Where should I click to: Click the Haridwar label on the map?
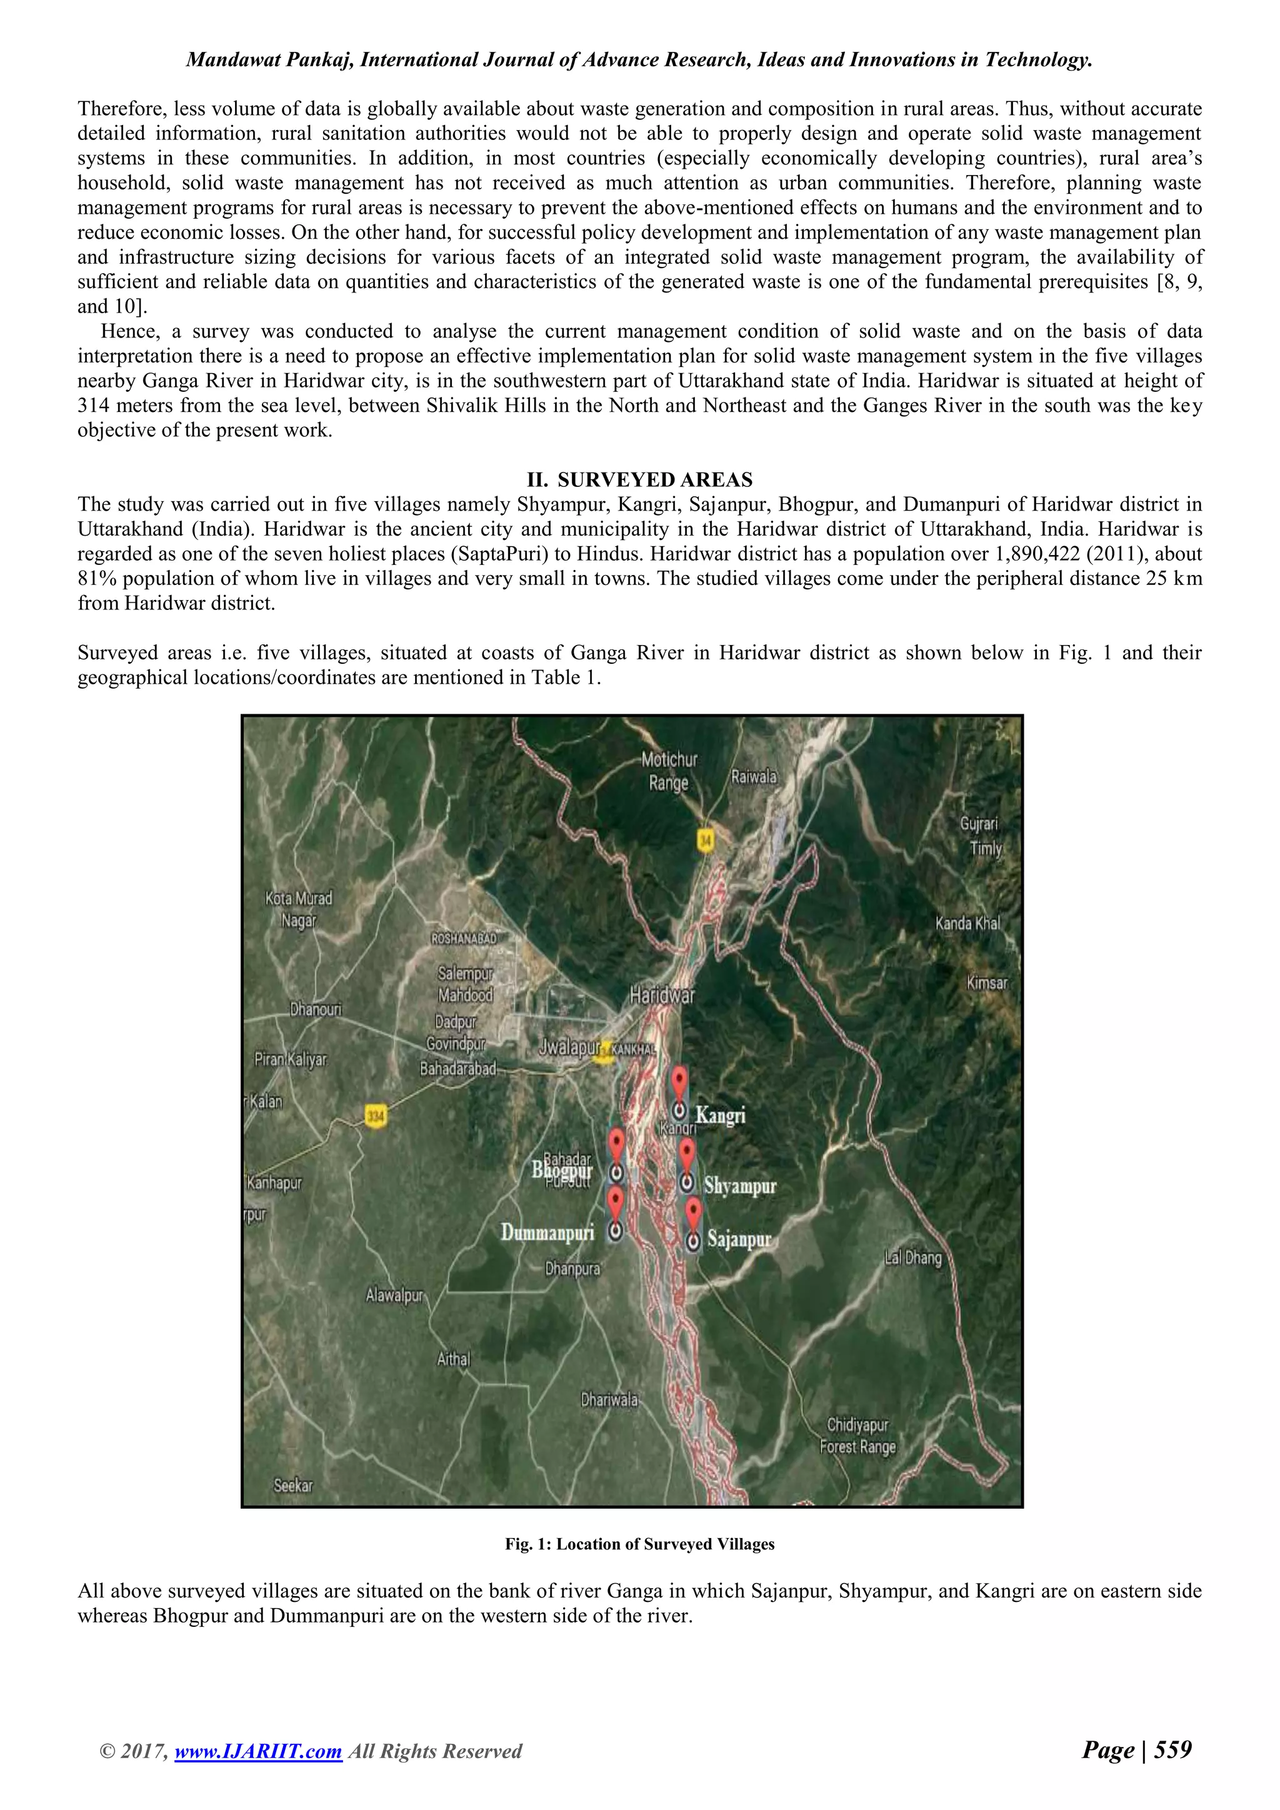click(662, 995)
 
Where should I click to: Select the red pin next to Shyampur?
click(687, 1152)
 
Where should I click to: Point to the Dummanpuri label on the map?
click(547, 1232)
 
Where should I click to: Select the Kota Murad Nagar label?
click(299, 909)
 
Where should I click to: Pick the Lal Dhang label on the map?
click(912, 1257)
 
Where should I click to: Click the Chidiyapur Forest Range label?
click(857, 1436)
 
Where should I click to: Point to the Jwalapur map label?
click(569, 1047)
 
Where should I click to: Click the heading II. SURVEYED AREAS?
click(639, 479)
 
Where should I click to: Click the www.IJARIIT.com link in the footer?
click(257, 1773)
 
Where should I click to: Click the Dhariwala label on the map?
click(609, 1400)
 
